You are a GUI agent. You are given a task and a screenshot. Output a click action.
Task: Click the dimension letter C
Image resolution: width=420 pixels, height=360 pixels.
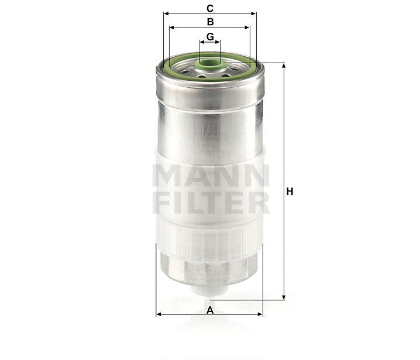pos(210,8)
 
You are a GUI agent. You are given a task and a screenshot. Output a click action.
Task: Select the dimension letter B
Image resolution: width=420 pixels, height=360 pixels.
pos(210,22)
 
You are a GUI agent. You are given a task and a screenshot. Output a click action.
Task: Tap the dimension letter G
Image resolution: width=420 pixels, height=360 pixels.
pos(210,37)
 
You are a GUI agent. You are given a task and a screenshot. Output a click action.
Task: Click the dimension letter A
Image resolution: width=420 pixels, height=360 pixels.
pos(210,310)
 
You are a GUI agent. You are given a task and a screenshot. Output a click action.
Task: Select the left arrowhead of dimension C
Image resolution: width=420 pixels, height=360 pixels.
pos(167,13)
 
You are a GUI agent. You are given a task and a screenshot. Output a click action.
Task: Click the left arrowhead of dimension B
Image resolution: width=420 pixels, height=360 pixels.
pos(171,27)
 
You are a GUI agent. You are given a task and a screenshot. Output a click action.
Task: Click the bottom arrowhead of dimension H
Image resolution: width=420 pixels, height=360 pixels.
pos(284,297)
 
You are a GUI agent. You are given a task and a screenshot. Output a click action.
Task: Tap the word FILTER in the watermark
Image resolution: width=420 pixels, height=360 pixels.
pos(210,203)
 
